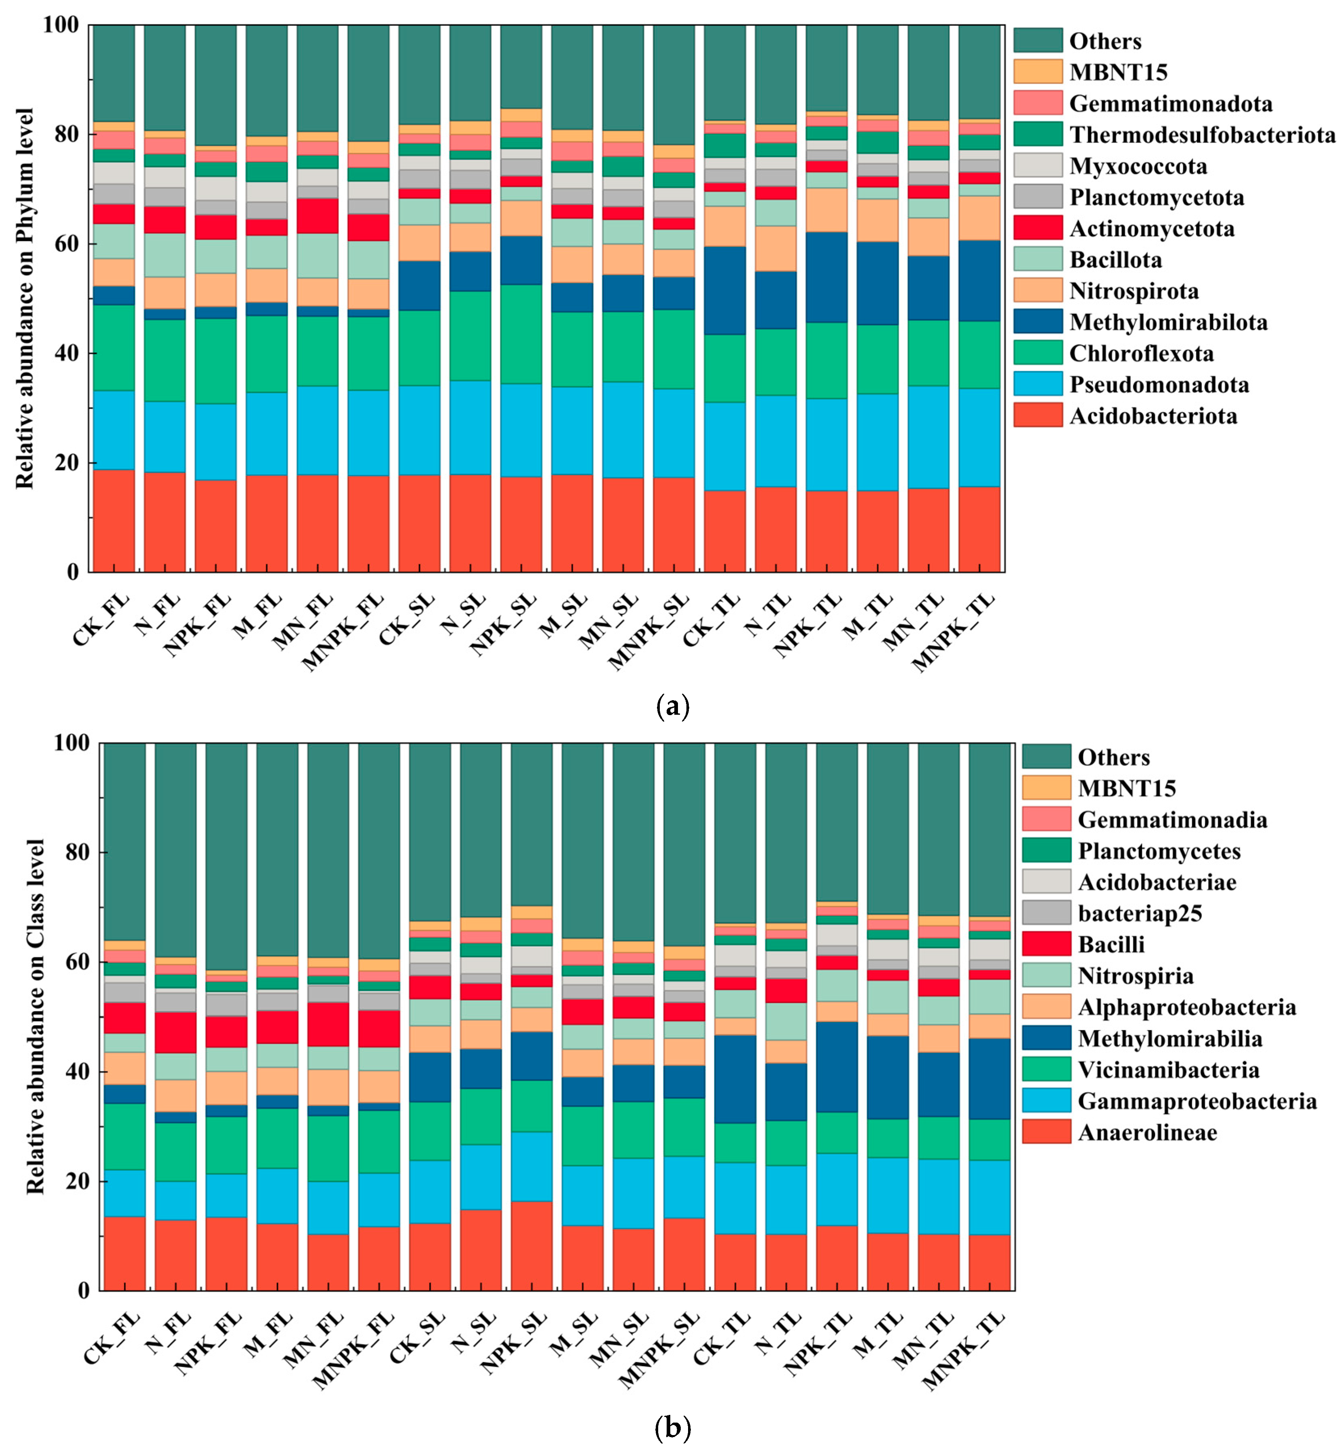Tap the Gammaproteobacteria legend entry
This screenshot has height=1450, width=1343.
pos(1197,1101)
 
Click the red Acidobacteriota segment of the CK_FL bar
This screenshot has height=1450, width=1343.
pos(113,521)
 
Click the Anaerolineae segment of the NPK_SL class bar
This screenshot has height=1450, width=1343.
pos(531,1246)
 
